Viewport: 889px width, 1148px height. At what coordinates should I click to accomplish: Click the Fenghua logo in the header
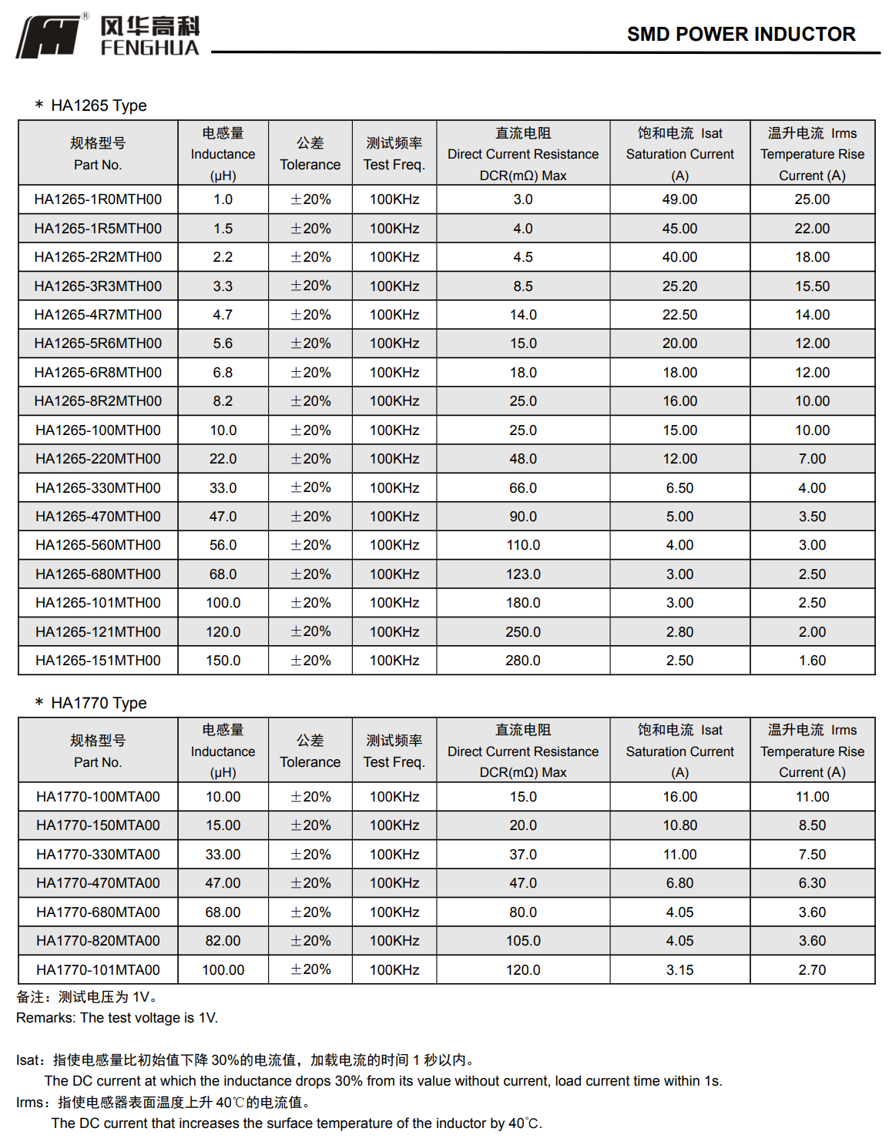(108, 35)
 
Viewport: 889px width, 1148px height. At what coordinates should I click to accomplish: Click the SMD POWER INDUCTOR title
(740, 35)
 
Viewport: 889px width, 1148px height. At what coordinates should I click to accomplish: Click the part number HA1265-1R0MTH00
(98, 199)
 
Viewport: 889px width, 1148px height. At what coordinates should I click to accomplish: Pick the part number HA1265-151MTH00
(98, 661)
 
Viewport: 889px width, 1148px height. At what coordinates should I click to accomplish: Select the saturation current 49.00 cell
(679, 199)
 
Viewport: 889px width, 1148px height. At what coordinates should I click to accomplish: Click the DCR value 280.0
(523, 661)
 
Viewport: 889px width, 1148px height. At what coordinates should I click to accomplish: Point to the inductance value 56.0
(223, 545)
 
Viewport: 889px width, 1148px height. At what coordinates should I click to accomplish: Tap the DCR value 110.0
(523, 545)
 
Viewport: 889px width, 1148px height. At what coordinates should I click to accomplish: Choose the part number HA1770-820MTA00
(98, 941)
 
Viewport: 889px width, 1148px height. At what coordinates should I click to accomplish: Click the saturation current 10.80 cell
(679, 825)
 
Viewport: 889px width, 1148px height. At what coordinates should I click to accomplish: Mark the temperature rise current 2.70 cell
(812, 970)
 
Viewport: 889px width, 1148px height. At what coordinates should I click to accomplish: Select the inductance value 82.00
(223, 941)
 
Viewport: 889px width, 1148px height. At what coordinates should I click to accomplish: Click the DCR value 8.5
(523, 286)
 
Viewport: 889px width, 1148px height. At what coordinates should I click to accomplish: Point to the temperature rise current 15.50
(812, 286)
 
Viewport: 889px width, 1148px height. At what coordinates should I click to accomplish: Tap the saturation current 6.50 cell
(679, 488)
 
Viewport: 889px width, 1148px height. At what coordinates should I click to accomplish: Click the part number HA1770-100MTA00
(98, 797)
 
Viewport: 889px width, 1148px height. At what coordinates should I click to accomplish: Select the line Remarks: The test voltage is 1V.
(117, 1018)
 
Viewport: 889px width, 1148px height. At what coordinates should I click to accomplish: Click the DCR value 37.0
(523, 855)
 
